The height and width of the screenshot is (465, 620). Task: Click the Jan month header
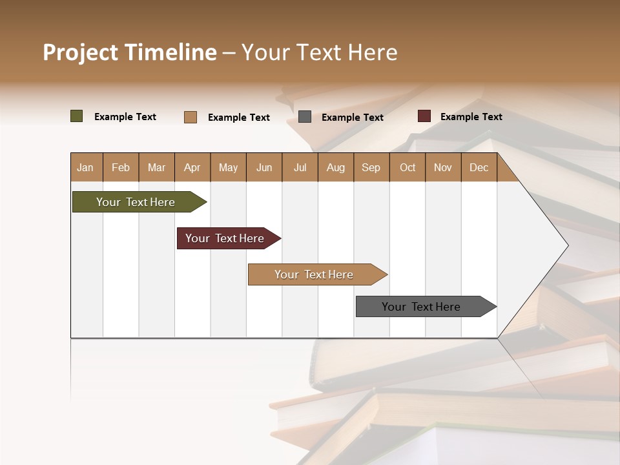click(85, 167)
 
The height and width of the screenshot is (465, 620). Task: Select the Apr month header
click(192, 167)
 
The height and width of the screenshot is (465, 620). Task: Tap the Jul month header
click(300, 167)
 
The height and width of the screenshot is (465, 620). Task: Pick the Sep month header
click(371, 167)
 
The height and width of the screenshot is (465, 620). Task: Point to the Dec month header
click(479, 167)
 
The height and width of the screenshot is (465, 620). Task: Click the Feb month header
click(121, 167)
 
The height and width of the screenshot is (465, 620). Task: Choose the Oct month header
click(408, 167)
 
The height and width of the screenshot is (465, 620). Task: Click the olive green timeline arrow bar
click(136, 202)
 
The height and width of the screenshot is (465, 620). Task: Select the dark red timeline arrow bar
click(225, 238)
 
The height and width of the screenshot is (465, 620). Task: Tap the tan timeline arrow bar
click(314, 274)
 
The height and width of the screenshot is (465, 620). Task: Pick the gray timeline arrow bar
click(421, 307)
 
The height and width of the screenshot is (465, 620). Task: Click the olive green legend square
click(77, 116)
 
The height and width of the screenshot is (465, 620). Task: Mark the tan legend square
click(191, 117)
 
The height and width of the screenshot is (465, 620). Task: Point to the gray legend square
click(305, 117)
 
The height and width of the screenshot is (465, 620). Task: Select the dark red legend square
click(424, 116)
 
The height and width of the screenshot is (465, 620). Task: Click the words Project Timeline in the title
click(129, 52)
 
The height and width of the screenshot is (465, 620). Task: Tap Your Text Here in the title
click(319, 52)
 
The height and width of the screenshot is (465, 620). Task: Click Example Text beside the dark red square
click(471, 117)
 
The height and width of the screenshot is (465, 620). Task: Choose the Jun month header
click(264, 167)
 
